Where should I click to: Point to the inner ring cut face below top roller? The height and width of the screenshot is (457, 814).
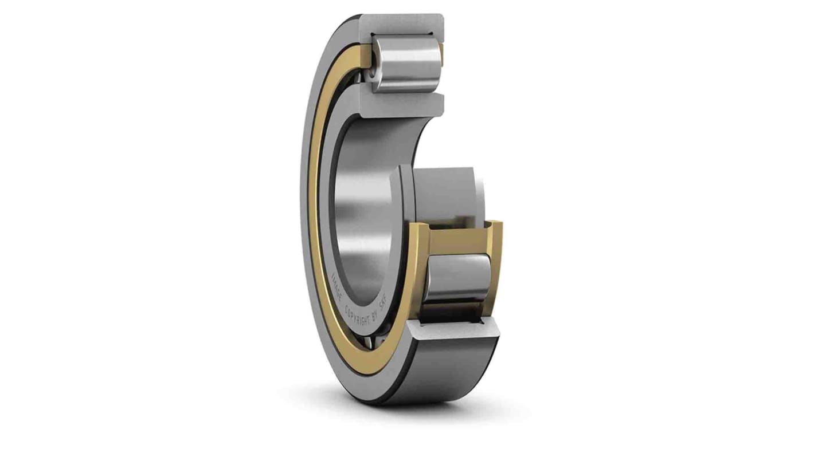tap(401, 103)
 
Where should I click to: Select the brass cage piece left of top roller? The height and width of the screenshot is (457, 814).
tap(367, 63)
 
